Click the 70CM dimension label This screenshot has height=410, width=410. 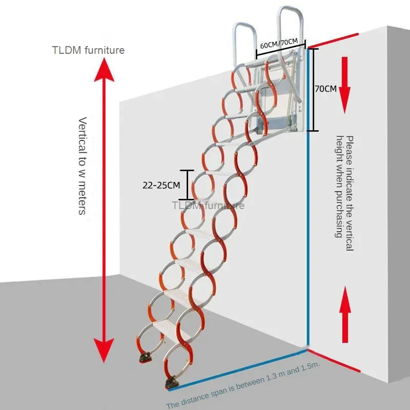[325, 88]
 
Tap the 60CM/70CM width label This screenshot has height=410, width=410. [279, 44]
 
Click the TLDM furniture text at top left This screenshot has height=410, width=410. [88, 50]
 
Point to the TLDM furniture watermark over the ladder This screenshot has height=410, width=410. [208, 206]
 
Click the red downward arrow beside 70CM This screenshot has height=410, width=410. [345, 85]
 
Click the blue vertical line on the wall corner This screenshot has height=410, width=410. [308, 241]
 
